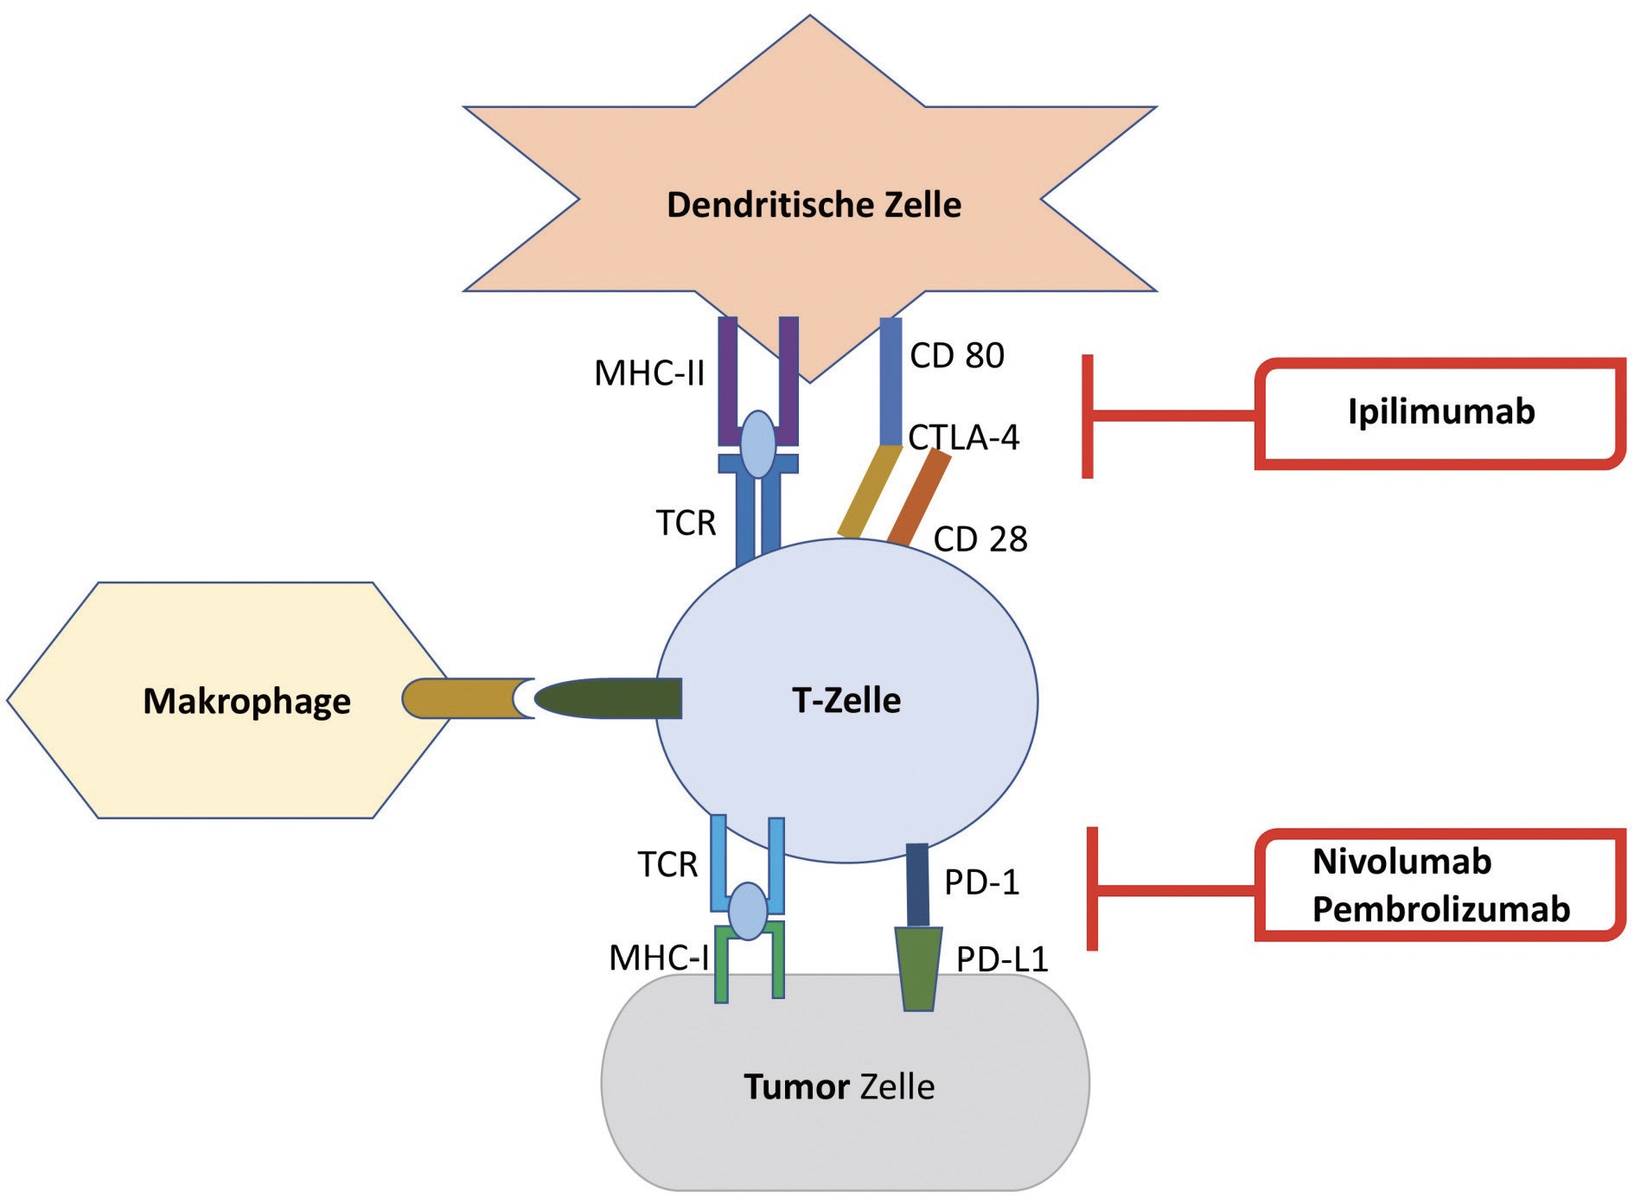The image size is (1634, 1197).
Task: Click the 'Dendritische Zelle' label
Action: click(814, 205)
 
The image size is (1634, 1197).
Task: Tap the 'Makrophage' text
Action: click(246, 701)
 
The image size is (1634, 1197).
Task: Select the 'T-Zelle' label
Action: click(846, 700)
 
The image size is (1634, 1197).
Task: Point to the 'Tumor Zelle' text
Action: click(839, 1086)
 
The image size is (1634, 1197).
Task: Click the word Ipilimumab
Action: click(1441, 411)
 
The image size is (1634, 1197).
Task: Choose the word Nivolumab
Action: click(1401, 862)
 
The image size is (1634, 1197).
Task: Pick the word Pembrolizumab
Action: click(1441, 909)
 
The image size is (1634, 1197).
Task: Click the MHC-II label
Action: click(649, 373)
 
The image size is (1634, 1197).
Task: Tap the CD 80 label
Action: click(957, 356)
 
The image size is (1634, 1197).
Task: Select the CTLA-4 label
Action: click(964, 437)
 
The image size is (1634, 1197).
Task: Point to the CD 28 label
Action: click(980, 539)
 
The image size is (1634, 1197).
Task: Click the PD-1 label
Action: click(982, 882)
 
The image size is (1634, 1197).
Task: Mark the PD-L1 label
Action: click(1002, 959)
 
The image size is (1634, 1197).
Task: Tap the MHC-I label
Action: click(659, 958)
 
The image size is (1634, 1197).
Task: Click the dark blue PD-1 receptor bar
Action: click(917, 885)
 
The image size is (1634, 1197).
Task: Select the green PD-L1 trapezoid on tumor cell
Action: click(918, 969)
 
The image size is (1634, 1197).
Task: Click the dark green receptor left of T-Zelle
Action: click(609, 698)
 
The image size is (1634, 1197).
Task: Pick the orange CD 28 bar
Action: click(919, 499)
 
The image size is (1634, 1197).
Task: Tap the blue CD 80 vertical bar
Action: click(890, 381)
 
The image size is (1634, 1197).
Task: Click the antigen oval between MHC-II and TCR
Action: click(759, 444)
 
